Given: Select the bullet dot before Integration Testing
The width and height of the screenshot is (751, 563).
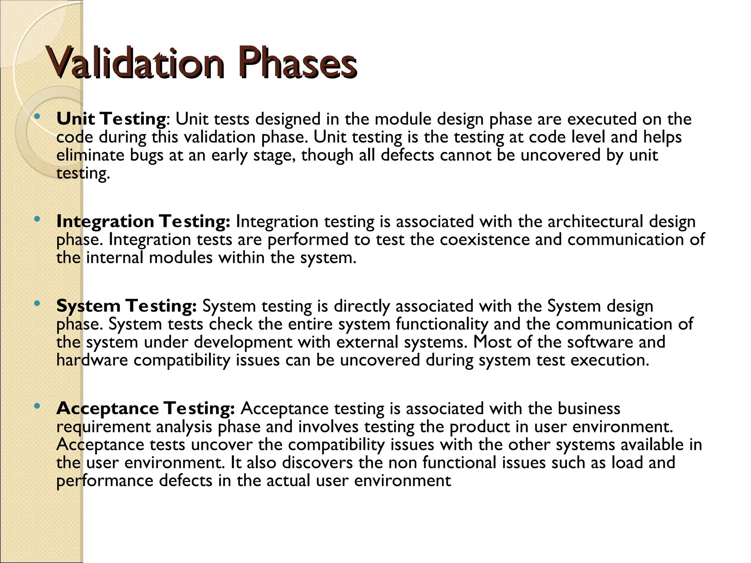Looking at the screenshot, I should pyautogui.click(x=36, y=220).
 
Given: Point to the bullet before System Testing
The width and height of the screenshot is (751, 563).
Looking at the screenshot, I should pyautogui.click(x=36, y=304).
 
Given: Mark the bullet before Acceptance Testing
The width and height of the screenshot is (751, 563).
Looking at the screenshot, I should pyautogui.click(x=36, y=406).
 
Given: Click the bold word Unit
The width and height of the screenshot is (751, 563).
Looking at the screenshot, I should pyautogui.click(x=76, y=119).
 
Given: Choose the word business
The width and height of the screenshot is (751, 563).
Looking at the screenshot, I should pyautogui.click(x=589, y=409).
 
